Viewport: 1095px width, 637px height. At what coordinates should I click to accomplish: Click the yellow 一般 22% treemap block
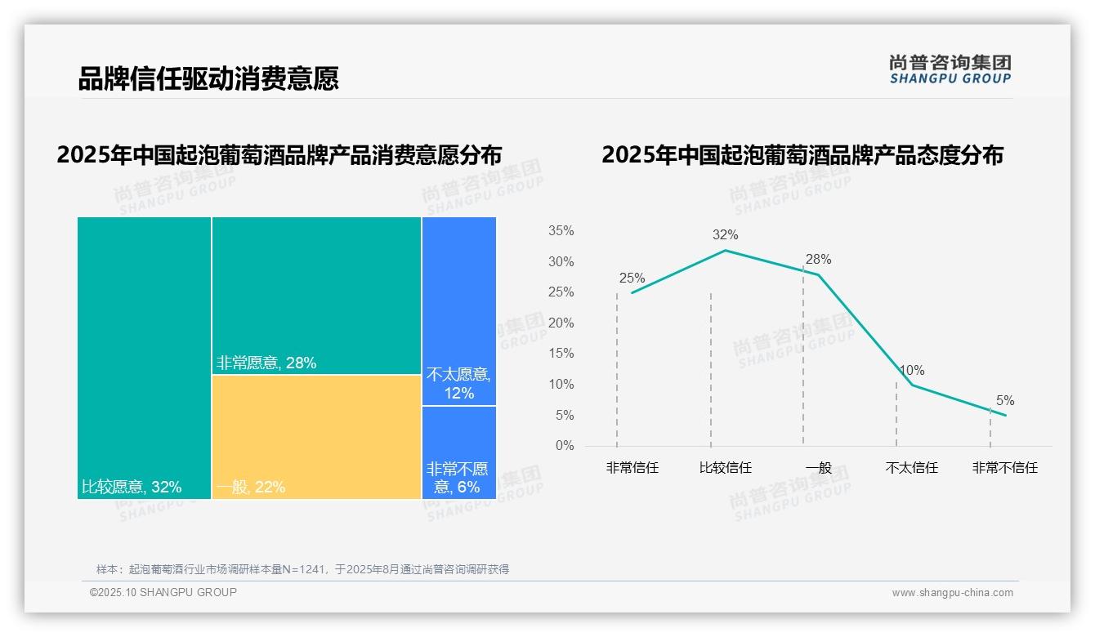pos(316,437)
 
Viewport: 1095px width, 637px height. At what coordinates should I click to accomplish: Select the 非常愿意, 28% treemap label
pos(266,363)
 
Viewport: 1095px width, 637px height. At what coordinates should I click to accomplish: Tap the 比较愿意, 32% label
pos(132,488)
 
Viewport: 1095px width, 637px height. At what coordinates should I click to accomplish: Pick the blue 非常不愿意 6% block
pos(459,452)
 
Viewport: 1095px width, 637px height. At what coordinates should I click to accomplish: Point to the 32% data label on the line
pos(725,235)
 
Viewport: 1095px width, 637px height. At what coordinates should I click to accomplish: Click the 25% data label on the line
pos(632,278)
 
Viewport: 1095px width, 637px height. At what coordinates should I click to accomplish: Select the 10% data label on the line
pos(911,371)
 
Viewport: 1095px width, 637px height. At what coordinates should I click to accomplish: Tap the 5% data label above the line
pos(1005,401)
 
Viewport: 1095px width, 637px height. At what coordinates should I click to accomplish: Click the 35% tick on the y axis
pos(561,231)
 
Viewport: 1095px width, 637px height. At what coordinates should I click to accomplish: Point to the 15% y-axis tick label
pos(561,354)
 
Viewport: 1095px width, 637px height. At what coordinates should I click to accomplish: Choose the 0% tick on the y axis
pos(564,446)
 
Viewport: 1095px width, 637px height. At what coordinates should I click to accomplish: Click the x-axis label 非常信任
pos(632,468)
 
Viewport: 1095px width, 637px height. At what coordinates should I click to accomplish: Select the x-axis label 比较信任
pos(725,468)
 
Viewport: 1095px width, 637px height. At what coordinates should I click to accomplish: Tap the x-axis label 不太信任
pos(911,468)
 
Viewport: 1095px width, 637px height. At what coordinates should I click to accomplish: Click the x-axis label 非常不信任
pos(1004,468)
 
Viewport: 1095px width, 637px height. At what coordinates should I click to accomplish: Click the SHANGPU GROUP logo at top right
pos(950,69)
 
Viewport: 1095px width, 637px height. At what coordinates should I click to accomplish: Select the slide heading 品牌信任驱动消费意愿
pos(208,78)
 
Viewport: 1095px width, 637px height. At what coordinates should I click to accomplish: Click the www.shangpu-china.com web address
pos(952,593)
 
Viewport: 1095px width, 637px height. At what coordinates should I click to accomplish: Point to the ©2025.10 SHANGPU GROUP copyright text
pos(163,592)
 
